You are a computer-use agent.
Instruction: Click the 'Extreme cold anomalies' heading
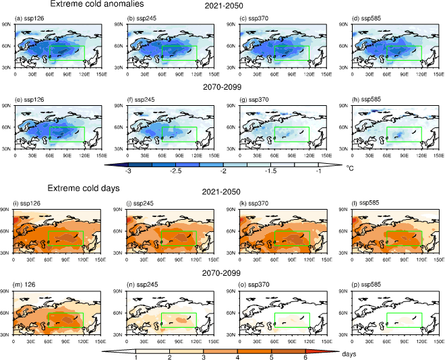point(97,3)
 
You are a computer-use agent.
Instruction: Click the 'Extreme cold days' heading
point(84,188)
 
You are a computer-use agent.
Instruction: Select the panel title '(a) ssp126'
point(29,19)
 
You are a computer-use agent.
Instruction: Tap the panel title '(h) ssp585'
point(366,100)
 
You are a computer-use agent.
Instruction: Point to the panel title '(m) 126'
point(24,284)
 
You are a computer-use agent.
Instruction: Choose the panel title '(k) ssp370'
point(254,204)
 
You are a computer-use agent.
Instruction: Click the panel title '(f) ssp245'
point(142,100)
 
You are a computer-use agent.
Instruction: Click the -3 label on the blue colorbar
point(128,171)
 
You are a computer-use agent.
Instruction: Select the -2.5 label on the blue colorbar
point(175,171)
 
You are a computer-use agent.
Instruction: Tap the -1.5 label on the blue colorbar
point(270,171)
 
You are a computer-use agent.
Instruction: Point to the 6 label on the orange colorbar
point(305,357)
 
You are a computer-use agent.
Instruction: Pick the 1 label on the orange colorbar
point(136,357)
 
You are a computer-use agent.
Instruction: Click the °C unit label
point(350,169)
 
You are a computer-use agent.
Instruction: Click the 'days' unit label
point(349,354)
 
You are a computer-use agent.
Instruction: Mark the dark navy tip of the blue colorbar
point(117,164)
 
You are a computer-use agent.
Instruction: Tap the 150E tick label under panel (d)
point(439,74)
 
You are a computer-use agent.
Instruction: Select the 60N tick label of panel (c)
point(231,46)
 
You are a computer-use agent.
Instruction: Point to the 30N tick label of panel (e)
point(6,149)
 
